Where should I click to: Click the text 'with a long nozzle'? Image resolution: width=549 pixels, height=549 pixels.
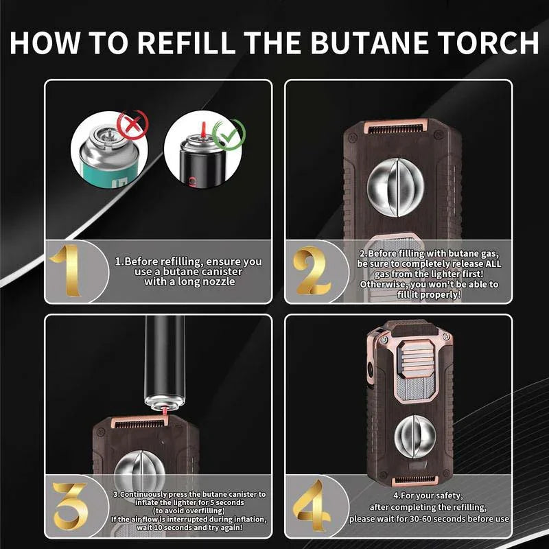coord(188,281)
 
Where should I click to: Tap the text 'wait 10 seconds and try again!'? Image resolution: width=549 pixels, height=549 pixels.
coord(189,528)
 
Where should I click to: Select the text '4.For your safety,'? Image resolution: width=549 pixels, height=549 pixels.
coord(429,495)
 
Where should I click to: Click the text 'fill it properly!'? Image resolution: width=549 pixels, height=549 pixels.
coord(429,294)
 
